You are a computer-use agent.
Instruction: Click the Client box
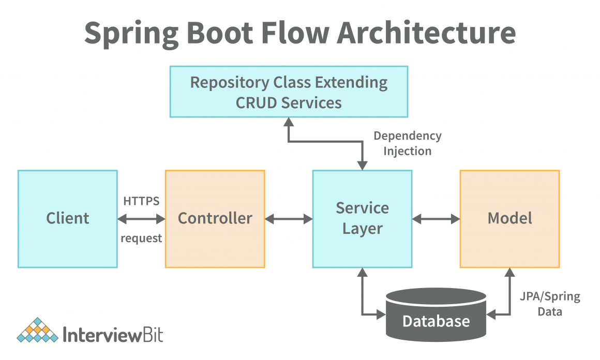tap(68, 219)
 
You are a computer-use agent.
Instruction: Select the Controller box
tap(215, 219)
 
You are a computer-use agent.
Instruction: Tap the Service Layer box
tap(362, 219)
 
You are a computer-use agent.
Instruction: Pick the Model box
tap(509, 219)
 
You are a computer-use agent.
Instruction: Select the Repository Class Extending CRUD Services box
tap(289, 92)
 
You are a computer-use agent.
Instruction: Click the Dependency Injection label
tap(408, 143)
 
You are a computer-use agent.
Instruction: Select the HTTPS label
tap(141, 201)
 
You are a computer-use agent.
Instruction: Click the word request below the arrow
tap(141, 238)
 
